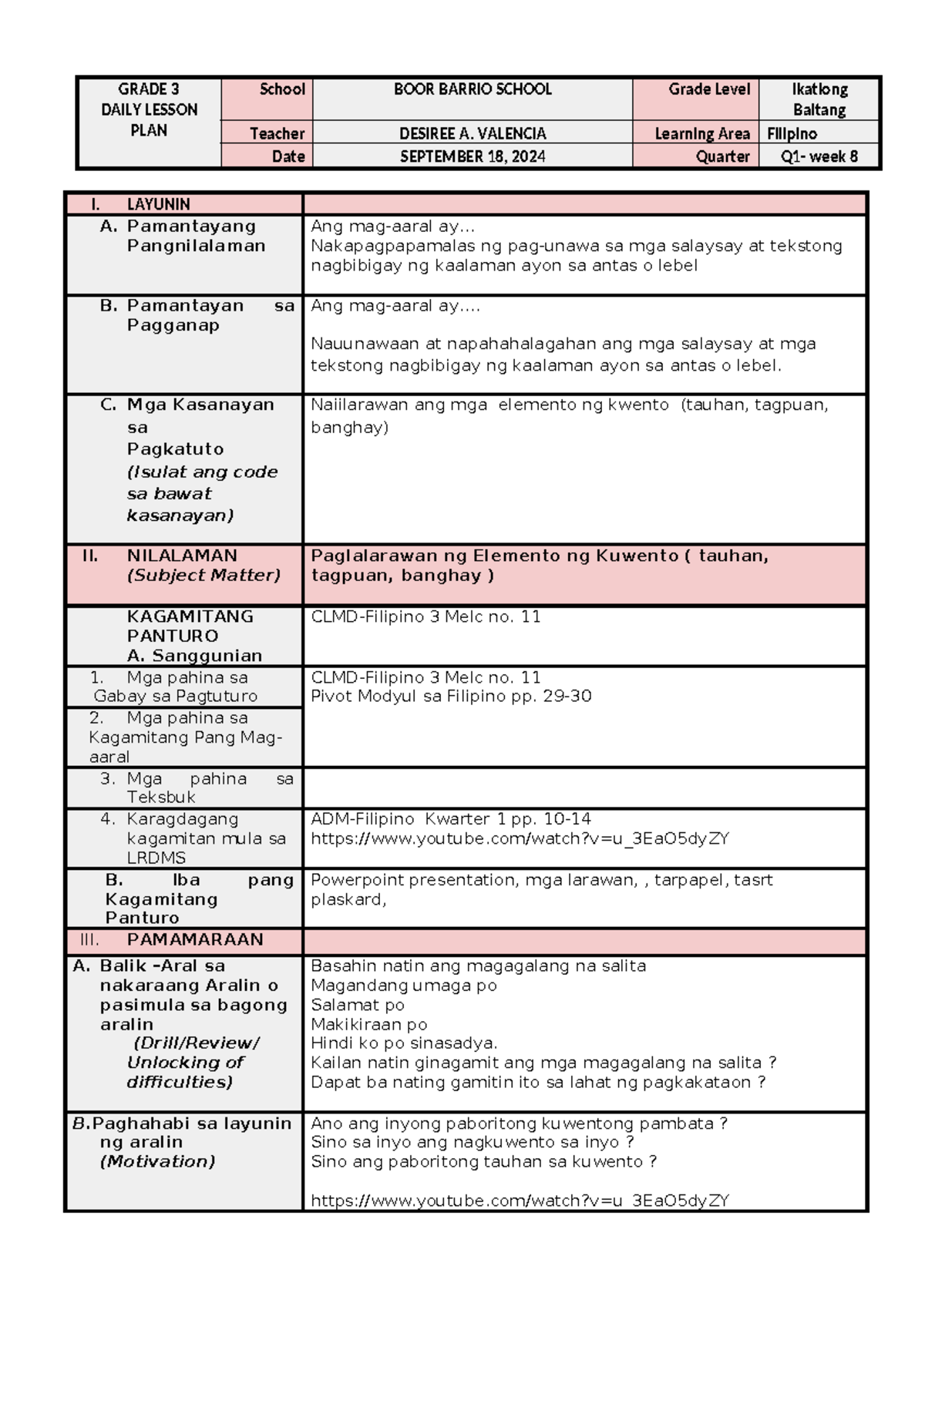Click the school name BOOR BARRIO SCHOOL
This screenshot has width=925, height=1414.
(473, 89)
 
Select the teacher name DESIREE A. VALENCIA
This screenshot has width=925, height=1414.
(473, 134)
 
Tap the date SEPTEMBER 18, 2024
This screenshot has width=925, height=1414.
(473, 157)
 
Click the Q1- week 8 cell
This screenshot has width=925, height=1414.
(819, 157)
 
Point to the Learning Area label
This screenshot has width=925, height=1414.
(701, 134)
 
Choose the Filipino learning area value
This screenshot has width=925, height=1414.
(792, 134)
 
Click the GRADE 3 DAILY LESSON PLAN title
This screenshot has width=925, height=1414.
(149, 109)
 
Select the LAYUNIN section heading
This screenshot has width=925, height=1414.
(158, 204)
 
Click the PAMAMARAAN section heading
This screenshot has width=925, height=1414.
(194, 939)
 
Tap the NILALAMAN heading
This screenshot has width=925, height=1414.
(182, 556)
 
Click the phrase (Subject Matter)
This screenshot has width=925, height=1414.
(203, 576)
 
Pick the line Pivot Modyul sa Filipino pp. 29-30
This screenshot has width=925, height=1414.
(451, 697)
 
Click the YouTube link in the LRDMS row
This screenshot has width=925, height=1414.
(520, 838)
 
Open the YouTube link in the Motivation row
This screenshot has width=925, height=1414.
(520, 1201)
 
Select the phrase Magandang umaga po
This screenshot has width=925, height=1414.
(403, 986)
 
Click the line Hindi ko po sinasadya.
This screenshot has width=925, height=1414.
(404, 1043)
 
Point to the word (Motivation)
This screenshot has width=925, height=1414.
(157, 1162)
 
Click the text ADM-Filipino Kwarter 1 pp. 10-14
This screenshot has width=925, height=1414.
(451, 819)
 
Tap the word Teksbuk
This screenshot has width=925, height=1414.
(161, 798)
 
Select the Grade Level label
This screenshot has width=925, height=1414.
(708, 89)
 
